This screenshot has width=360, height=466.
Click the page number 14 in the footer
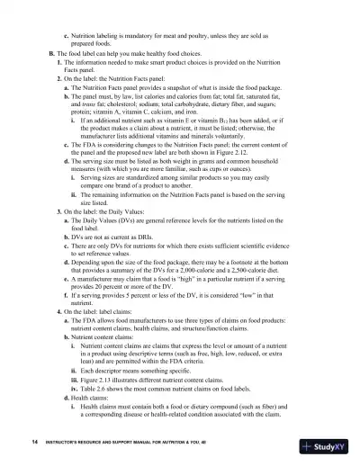coord(33,443)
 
